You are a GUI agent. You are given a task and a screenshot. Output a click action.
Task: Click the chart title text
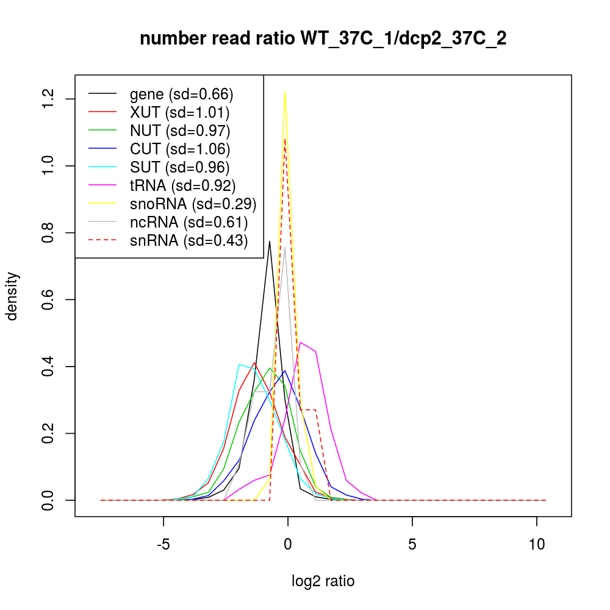(323, 39)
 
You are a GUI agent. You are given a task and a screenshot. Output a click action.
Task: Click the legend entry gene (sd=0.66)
(181, 94)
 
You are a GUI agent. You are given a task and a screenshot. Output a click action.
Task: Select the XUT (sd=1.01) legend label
(179, 112)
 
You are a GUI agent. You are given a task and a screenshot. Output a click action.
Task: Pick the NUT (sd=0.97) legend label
(180, 131)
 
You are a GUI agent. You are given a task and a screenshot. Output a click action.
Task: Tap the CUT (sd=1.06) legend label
(180, 149)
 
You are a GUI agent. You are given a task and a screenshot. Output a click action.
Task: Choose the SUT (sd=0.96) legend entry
(179, 167)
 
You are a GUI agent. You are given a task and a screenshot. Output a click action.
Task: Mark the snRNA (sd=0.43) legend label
(188, 240)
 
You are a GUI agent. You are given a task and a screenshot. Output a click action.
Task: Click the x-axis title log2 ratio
(323, 581)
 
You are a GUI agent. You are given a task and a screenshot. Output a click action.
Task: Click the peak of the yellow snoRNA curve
(285, 91)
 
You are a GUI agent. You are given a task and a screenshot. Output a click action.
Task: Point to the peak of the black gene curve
(270, 241)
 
